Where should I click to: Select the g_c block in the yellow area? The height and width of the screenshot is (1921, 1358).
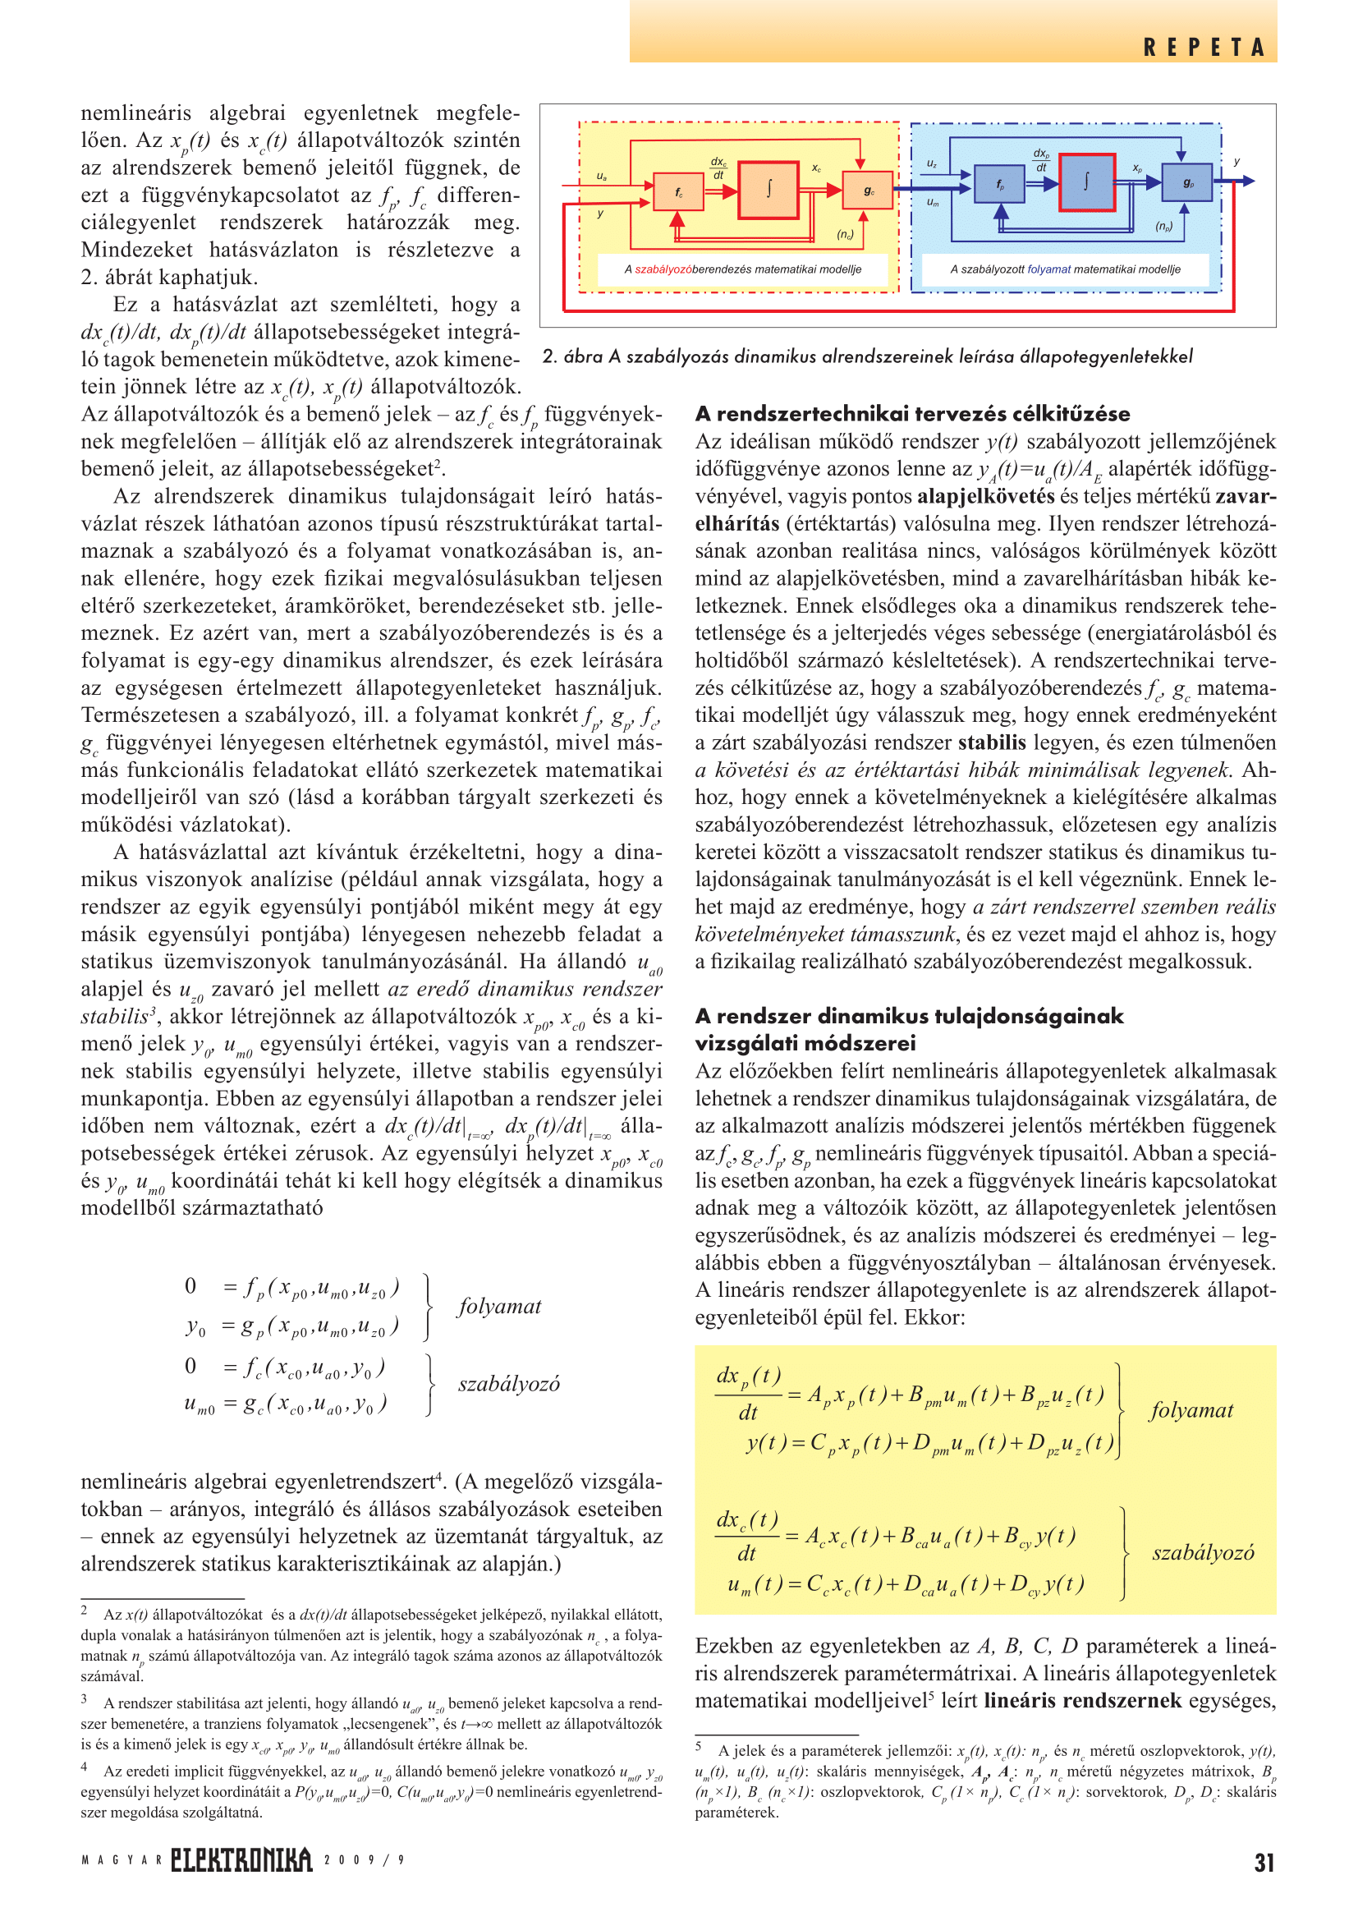pyautogui.click(x=868, y=191)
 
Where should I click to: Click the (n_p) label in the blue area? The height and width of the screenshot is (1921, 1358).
pyautogui.click(x=1164, y=226)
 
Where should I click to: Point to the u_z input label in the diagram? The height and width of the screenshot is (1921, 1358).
pyautogui.click(x=932, y=164)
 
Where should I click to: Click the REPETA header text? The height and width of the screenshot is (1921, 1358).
pyautogui.click(x=1204, y=48)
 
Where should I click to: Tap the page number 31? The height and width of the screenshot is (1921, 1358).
pyautogui.click(x=1264, y=1863)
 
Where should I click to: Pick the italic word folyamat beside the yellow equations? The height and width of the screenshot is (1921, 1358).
pyautogui.click(x=1191, y=1411)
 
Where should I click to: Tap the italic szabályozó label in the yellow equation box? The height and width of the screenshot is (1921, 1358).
pyautogui.click(x=1203, y=1553)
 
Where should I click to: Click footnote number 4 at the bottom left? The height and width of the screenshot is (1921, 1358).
pyautogui.click(x=85, y=1767)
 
